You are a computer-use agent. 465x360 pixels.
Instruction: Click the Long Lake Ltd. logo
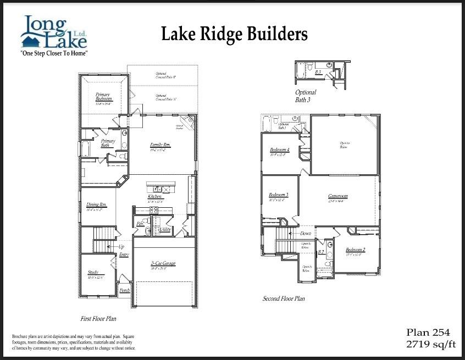point(54,34)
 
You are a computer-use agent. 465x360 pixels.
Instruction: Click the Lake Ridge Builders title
point(234,34)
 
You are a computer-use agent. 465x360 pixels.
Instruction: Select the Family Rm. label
point(161,146)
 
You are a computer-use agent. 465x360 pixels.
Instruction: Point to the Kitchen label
point(154,197)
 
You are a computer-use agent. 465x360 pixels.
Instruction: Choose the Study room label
point(93,273)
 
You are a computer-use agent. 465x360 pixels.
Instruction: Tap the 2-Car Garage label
point(163,264)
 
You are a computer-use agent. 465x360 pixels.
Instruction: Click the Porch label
point(125,290)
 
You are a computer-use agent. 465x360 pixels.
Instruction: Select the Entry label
point(124,254)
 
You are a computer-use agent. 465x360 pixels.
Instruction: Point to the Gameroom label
point(338,196)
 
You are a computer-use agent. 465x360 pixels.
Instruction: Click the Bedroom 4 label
point(279,150)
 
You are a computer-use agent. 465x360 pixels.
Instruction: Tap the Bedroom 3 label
point(279,195)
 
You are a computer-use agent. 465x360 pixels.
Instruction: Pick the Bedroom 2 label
point(356,251)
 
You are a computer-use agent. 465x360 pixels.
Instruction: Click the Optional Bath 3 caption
point(306,96)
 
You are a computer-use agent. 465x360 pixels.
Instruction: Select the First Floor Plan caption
point(98,319)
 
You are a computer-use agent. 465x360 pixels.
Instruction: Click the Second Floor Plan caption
point(284,299)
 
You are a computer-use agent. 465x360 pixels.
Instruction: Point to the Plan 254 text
point(428,333)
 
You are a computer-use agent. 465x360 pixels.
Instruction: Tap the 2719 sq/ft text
point(428,344)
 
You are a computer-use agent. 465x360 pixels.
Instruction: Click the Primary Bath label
point(108,143)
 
